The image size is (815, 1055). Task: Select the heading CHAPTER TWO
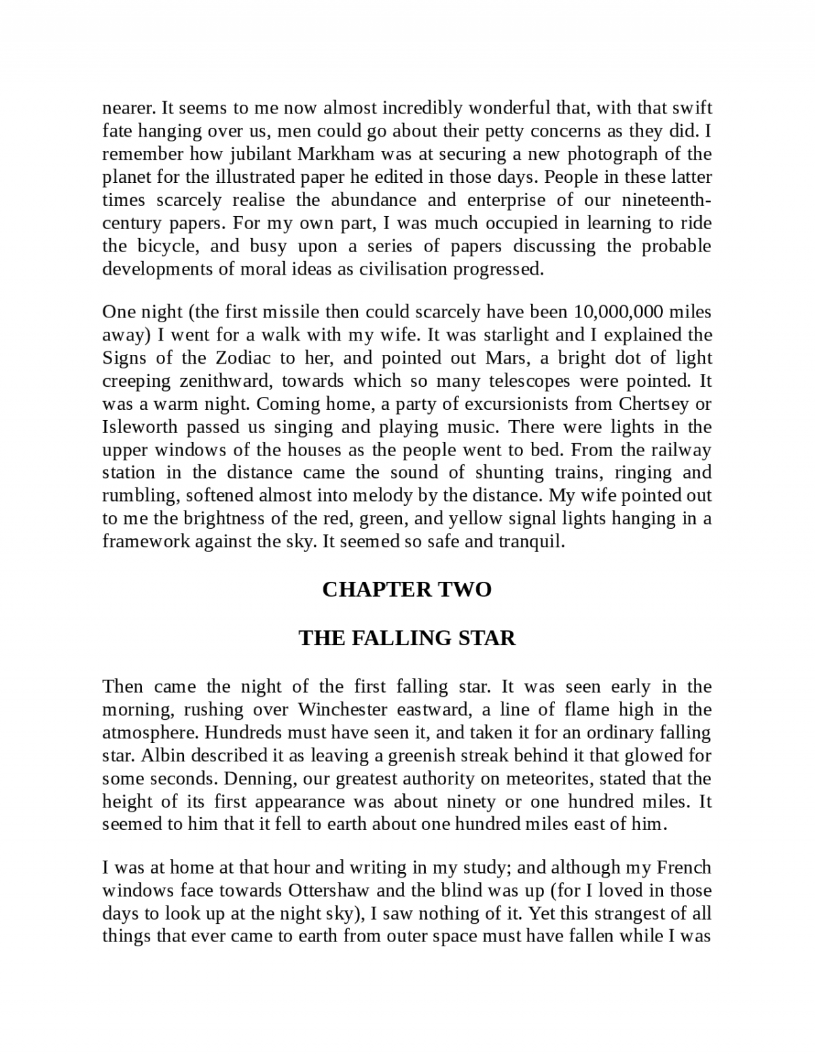coord(407,589)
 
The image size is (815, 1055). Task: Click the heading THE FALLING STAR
coord(407,638)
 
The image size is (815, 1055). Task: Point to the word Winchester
coord(343,710)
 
